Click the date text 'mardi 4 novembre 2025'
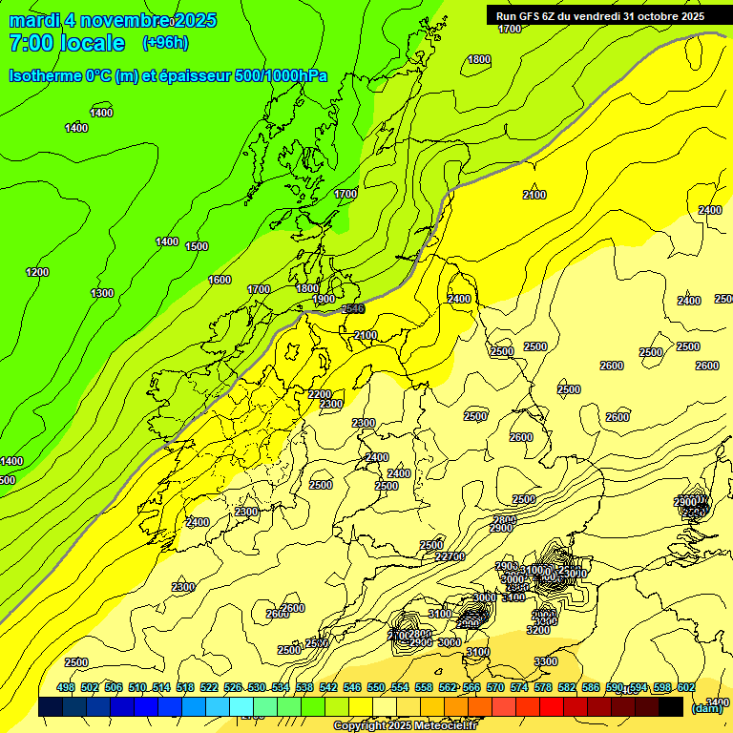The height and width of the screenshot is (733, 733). click(113, 21)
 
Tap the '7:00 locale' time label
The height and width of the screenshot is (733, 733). click(67, 43)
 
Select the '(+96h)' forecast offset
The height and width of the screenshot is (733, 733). click(165, 43)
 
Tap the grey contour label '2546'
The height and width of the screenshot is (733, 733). click(353, 308)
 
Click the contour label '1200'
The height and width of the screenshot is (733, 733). click(37, 272)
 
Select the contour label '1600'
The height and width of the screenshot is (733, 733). click(220, 280)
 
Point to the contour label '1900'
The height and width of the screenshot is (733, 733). click(324, 299)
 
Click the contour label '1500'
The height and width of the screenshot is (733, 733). click(197, 246)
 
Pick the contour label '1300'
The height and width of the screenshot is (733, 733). click(102, 293)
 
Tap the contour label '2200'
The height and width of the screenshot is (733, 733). click(320, 394)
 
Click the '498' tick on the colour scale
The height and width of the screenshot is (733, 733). click(66, 687)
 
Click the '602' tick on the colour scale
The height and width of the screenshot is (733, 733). click(686, 687)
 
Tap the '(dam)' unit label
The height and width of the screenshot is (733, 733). click(707, 707)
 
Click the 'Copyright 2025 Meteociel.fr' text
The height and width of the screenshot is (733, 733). click(404, 726)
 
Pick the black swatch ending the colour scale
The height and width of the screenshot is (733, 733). click(671, 706)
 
